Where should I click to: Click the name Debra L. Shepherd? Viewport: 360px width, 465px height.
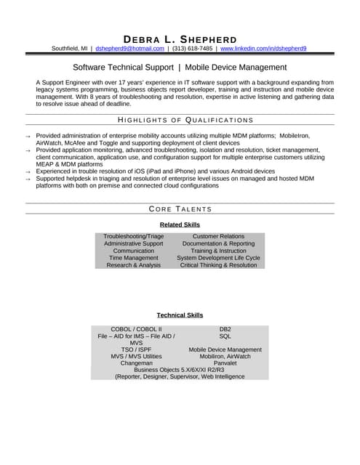[180, 39]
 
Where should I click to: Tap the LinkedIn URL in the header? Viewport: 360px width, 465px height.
[263, 49]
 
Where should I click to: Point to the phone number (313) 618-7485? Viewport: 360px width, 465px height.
[192, 49]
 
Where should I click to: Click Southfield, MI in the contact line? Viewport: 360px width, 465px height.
[69, 49]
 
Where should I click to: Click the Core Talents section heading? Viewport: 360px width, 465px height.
[180, 209]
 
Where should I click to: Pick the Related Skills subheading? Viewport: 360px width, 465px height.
[180, 225]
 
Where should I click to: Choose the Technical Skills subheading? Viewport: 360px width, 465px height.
[180, 315]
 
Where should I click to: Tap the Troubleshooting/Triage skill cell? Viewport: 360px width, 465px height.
[134, 237]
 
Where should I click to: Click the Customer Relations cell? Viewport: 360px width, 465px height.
[218, 237]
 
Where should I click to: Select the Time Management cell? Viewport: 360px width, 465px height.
[134, 258]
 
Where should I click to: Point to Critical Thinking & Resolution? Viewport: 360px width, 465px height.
[218, 265]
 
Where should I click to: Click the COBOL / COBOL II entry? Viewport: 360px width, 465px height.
[137, 329]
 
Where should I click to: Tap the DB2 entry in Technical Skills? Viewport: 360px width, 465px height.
[225, 329]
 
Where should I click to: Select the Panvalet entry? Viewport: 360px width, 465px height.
[225, 363]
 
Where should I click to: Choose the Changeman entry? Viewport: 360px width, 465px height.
[137, 363]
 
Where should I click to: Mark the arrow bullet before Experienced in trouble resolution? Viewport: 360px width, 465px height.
[28, 172]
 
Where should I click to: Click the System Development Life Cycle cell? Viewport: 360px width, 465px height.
[218, 258]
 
